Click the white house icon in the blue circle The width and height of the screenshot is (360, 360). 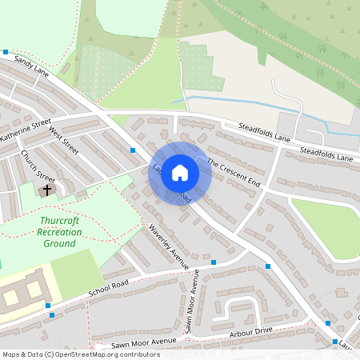[x=180, y=173]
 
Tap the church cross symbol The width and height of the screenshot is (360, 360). [x=47, y=190]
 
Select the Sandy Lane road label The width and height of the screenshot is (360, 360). [x=32, y=70]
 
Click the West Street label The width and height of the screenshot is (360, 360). [x=64, y=139]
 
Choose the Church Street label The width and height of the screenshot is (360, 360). [x=38, y=166]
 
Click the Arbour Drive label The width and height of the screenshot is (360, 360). [x=251, y=330]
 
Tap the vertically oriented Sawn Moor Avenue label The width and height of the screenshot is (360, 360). [x=192, y=301]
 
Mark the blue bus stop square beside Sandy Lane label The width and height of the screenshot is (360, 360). [x=6, y=52]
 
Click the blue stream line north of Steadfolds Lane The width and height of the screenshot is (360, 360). [x=240, y=102]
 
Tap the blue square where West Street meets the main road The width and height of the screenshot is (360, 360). [x=133, y=150]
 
